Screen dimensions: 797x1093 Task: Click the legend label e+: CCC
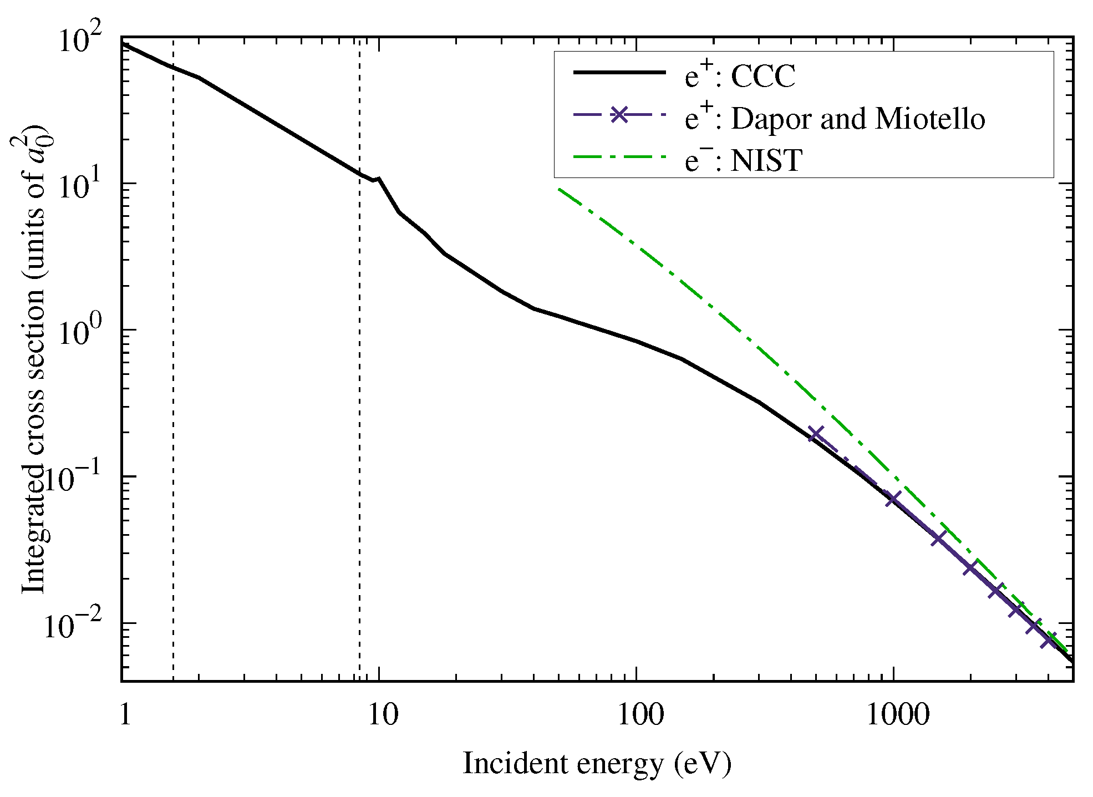[x=740, y=76]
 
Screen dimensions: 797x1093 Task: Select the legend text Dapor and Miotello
[x=857, y=119]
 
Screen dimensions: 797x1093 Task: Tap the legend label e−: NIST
[x=743, y=161]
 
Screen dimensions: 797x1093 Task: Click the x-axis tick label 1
[x=125, y=715]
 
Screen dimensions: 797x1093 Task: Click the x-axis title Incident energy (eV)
[x=597, y=764]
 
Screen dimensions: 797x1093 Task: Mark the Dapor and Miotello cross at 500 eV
[x=816, y=434]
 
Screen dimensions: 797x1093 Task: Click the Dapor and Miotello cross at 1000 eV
[x=893, y=499]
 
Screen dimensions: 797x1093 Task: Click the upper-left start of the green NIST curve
[x=560, y=190]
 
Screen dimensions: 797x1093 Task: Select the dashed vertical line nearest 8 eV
[x=359, y=388]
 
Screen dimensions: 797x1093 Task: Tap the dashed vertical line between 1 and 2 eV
[x=174, y=388]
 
